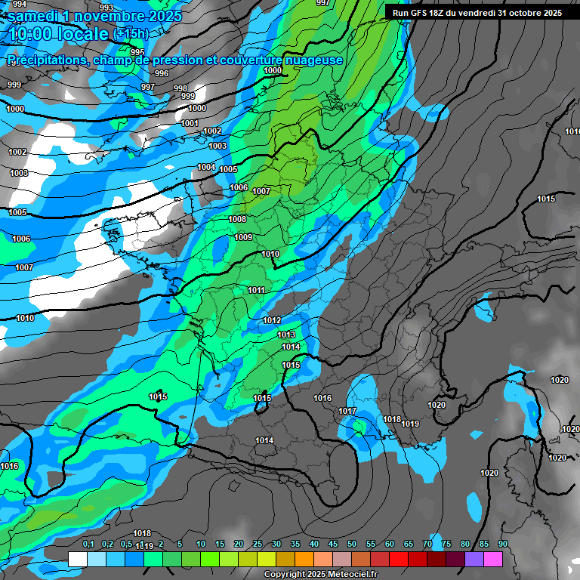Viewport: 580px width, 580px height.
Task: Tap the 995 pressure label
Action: [x=137, y=52]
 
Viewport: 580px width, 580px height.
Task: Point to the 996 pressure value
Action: [x=161, y=73]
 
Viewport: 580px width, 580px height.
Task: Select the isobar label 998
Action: [x=180, y=88]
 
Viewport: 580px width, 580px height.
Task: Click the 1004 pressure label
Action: [x=206, y=167]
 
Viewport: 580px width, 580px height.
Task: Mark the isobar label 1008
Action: [x=237, y=219]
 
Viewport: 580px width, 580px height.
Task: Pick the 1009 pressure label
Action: [x=243, y=237]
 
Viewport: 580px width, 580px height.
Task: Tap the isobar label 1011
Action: [x=256, y=290]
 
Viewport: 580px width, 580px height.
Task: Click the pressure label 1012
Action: [x=273, y=320]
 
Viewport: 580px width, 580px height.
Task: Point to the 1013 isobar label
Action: [x=286, y=335]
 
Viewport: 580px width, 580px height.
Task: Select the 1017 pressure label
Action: [x=347, y=411]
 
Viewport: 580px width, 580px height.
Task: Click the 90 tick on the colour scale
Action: [x=502, y=544]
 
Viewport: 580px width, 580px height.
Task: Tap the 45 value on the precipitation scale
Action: [x=332, y=544]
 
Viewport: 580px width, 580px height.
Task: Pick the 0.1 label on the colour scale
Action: [x=88, y=544]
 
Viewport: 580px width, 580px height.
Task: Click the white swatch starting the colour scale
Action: [x=77, y=559]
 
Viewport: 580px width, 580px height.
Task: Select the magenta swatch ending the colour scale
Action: [x=493, y=559]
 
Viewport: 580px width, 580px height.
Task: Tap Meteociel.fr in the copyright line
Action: [x=339, y=574]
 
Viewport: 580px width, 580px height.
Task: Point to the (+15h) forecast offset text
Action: [x=131, y=35]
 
